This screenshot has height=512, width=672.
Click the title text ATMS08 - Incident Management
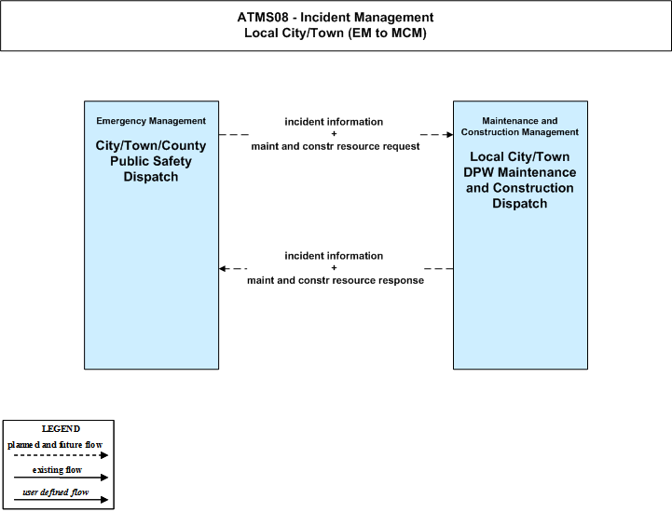[336, 17]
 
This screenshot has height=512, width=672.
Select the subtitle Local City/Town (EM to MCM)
[336, 33]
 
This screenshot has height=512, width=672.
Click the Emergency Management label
[151, 121]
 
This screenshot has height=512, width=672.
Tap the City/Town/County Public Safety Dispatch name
[151, 161]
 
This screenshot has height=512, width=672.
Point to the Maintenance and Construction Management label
[520, 127]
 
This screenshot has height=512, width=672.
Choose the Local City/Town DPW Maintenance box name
[520, 180]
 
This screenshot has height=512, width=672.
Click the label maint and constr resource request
[336, 146]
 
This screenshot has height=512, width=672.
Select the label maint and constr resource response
[336, 280]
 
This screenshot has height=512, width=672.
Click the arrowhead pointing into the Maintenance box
[449, 135]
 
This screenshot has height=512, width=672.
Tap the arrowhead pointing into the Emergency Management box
[223, 269]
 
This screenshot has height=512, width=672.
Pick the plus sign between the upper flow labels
[334, 133]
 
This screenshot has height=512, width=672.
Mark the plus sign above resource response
[334, 267]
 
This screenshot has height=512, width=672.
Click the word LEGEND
[61, 429]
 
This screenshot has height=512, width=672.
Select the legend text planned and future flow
[55, 445]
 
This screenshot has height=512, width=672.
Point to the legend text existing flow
[57, 470]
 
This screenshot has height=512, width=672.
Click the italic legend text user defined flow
[56, 492]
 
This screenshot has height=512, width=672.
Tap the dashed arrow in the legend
[61, 455]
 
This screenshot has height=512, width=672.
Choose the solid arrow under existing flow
[61, 478]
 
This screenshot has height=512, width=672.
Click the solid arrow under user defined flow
[61, 500]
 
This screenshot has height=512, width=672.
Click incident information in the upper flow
[334, 122]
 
